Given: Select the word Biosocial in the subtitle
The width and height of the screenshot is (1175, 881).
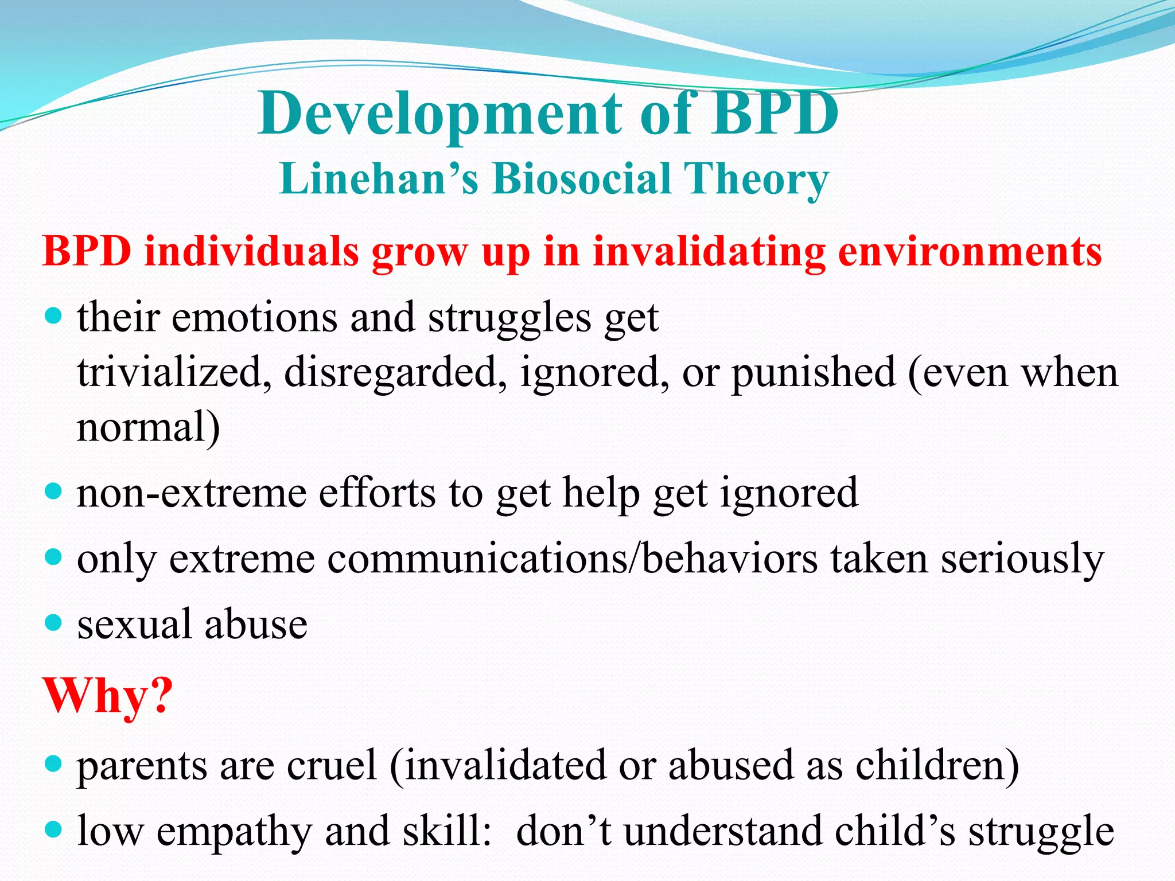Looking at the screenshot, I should tap(582, 179).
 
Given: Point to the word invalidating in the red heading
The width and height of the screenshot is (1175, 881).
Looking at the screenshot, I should tap(709, 252).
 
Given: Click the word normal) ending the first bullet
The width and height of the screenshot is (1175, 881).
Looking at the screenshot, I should tap(148, 427).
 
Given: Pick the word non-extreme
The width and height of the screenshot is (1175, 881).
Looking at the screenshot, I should tap(192, 493).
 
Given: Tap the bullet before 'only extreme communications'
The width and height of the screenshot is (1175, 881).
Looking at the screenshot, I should tap(53, 557).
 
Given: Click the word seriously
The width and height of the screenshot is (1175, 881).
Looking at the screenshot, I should tap(1022, 560).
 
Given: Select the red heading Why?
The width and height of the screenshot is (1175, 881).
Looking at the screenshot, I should tap(107, 696).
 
